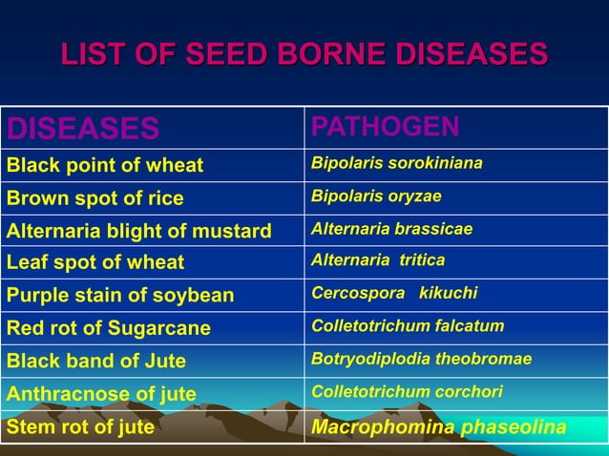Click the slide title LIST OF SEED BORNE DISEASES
click(304, 52)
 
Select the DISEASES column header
click(83, 128)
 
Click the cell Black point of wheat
click(105, 166)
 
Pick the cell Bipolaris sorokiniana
click(396, 163)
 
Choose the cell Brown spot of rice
click(94, 199)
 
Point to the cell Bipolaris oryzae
click(376, 197)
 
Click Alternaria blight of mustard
click(139, 231)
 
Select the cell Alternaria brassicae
click(391, 229)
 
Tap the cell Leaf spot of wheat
click(95, 261)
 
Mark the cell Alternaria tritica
click(378, 259)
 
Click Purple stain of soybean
click(120, 295)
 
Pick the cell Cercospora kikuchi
click(393, 293)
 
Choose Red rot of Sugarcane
click(109, 328)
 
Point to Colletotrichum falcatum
click(408, 325)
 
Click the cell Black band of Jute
click(96, 362)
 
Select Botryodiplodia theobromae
click(421, 359)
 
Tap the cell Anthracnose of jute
click(101, 394)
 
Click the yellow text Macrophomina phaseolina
click(439, 426)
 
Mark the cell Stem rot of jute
click(80, 426)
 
